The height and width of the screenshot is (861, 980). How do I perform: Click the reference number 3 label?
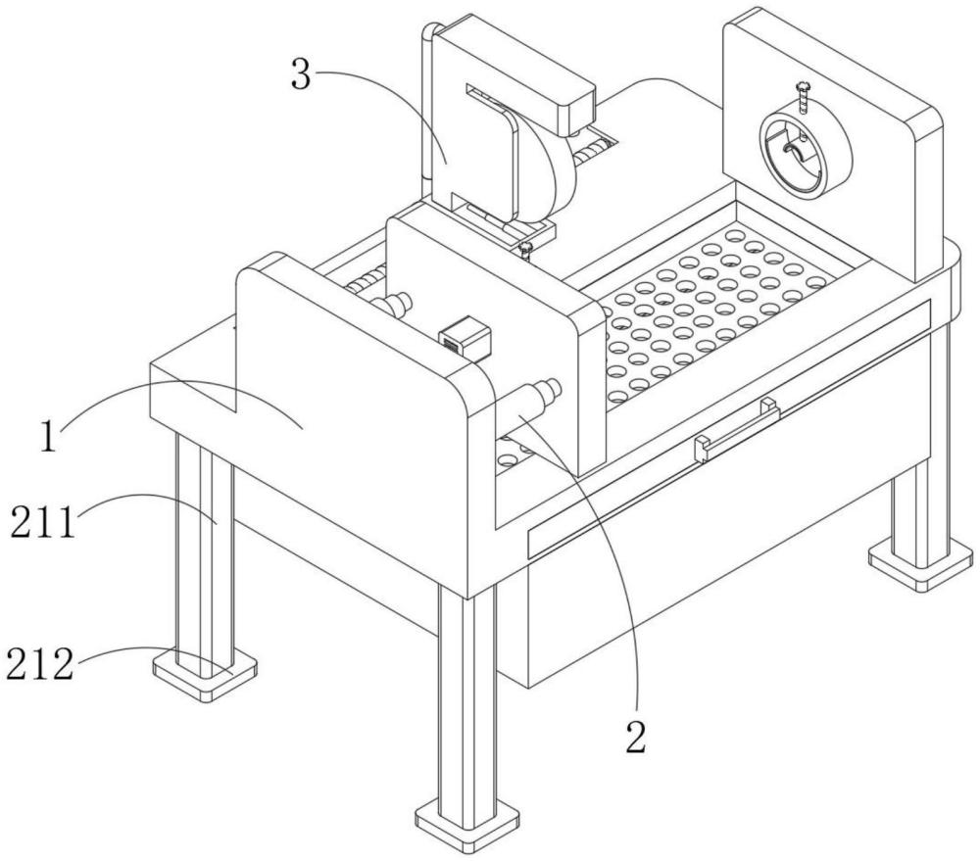pyautogui.click(x=301, y=74)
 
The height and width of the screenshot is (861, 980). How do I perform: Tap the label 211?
pyautogui.click(x=43, y=522)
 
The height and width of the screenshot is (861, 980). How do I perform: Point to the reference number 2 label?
pyautogui.click(x=636, y=738)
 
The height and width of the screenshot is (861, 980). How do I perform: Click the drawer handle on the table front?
pyautogui.click(x=738, y=431)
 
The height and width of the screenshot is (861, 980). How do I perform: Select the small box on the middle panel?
pyautogui.click(x=465, y=340)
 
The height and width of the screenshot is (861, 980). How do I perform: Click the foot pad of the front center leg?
pyautogui.click(x=468, y=819)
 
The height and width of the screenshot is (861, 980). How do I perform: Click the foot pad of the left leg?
pyautogui.click(x=205, y=674)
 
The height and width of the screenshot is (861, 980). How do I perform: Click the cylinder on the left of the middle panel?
pyautogui.click(x=391, y=305)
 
